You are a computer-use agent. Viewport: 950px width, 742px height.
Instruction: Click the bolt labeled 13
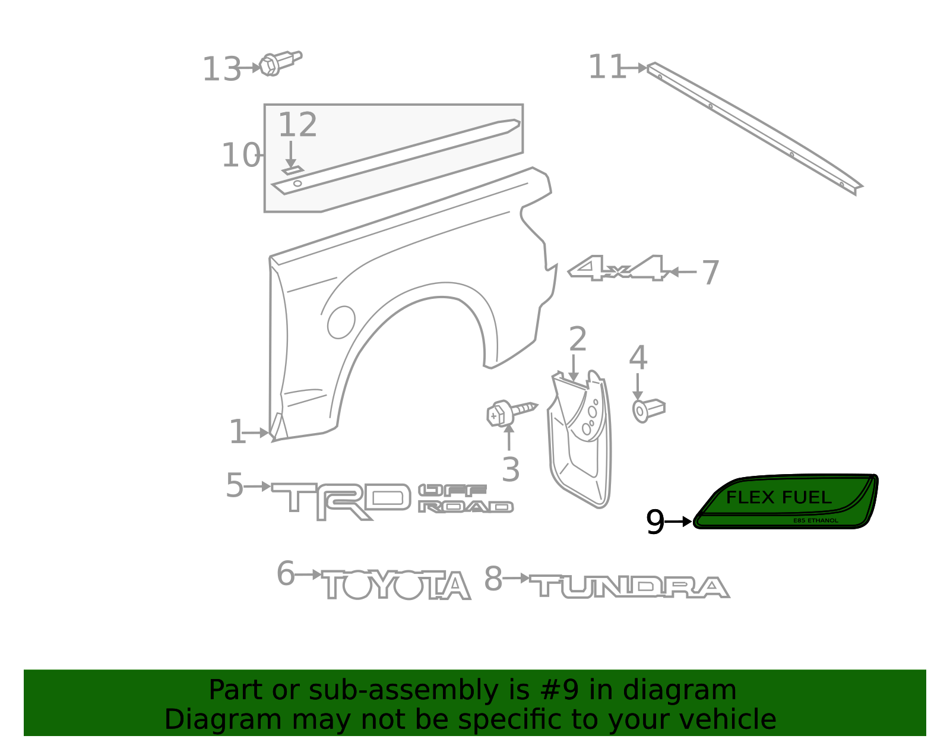(280, 64)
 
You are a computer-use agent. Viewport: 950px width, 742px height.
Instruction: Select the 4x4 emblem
(618, 267)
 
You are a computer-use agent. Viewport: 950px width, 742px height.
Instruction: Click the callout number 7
(711, 273)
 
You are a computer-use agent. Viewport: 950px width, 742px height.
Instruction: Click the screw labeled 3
(511, 412)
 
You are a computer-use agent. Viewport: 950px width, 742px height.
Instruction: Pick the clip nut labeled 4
(648, 410)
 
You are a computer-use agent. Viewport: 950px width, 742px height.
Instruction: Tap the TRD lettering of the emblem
(341, 501)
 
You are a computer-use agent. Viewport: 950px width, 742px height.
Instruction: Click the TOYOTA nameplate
(396, 585)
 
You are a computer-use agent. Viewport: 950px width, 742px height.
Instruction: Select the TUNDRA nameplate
(629, 586)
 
